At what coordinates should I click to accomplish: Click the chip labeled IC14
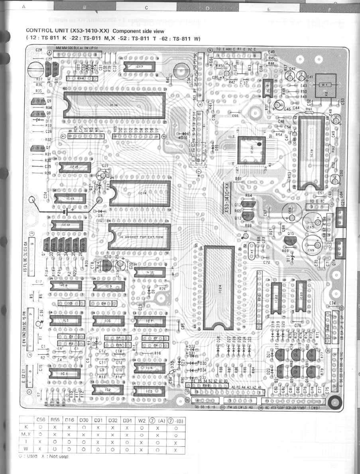pos(140,193)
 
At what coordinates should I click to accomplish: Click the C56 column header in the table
pos(40,419)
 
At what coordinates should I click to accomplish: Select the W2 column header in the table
pos(141,419)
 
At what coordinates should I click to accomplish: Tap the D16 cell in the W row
pos(69,449)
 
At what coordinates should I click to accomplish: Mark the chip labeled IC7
pos(150,321)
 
